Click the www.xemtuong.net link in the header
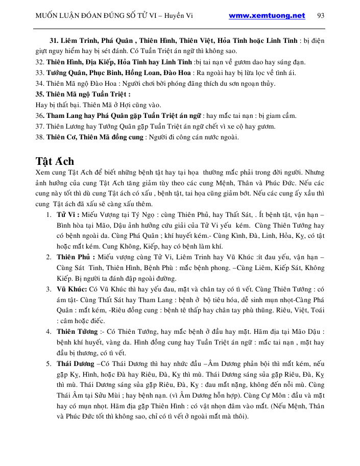pos(267,15)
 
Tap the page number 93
pos(321,15)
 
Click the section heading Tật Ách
pos(56,161)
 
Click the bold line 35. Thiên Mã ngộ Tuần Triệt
pos(83,94)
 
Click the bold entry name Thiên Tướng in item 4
pos(77,331)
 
